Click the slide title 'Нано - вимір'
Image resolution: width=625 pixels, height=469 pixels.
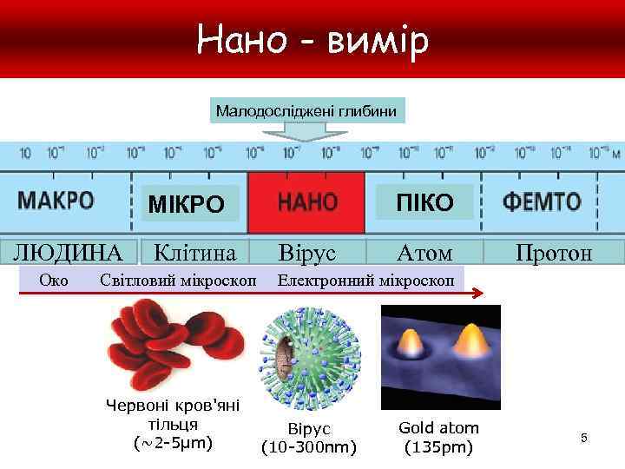coord(312,40)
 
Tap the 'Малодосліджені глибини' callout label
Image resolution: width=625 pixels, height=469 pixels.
coord(306,111)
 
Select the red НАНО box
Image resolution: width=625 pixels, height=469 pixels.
coord(306,202)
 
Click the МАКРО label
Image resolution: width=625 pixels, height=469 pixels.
coord(56,201)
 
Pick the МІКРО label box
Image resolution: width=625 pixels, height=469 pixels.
coord(186,204)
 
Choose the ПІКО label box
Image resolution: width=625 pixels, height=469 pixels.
coord(424,202)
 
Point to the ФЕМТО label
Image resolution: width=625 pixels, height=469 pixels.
coord(543,202)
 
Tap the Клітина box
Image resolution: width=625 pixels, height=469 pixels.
coord(194,253)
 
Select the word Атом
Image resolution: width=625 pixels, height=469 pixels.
coord(424,253)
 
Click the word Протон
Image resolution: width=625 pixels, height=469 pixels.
coord(553,253)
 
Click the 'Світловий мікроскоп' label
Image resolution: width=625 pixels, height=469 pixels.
coord(178,280)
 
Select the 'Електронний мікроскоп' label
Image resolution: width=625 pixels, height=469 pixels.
coord(365,280)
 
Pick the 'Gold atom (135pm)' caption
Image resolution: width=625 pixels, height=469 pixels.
coord(438,438)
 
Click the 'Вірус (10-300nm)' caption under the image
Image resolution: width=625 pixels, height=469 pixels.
coord(309,439)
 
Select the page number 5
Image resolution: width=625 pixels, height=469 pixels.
coord(584,439)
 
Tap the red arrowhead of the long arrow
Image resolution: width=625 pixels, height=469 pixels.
coord(477,295)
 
